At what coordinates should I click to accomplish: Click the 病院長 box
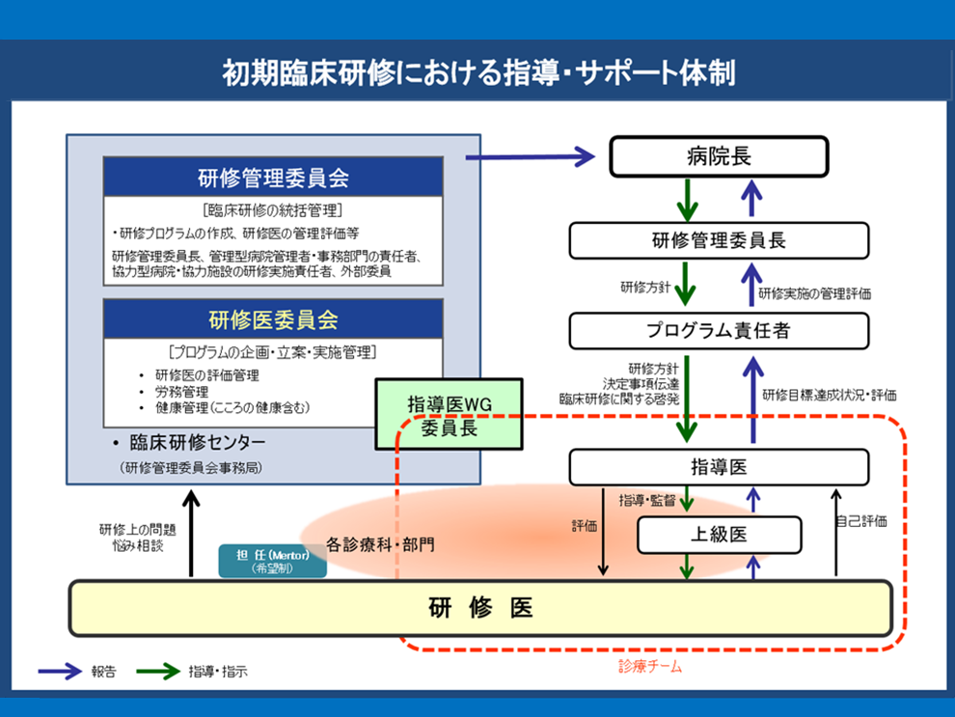pos(719,155)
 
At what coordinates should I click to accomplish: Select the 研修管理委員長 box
pos(719,240)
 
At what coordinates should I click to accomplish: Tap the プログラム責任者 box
pos(719,330)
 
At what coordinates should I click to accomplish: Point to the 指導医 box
pos(719,467)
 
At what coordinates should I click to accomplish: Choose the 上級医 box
pos(719,534)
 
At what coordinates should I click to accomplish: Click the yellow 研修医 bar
pos(480,608)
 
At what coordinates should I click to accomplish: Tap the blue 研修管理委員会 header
pos(273,178)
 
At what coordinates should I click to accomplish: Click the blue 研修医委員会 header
pos(273,318)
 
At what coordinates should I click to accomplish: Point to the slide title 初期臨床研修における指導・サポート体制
pos(477,73)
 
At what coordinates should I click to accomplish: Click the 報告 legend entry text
pos(104,672)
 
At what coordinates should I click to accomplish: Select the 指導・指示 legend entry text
pos(218,672)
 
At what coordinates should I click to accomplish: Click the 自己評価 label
pos(860,521)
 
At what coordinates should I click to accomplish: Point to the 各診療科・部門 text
pos(379,544)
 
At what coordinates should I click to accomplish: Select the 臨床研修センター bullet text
pos(200,443)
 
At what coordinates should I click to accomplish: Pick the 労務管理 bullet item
pos(181,391)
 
